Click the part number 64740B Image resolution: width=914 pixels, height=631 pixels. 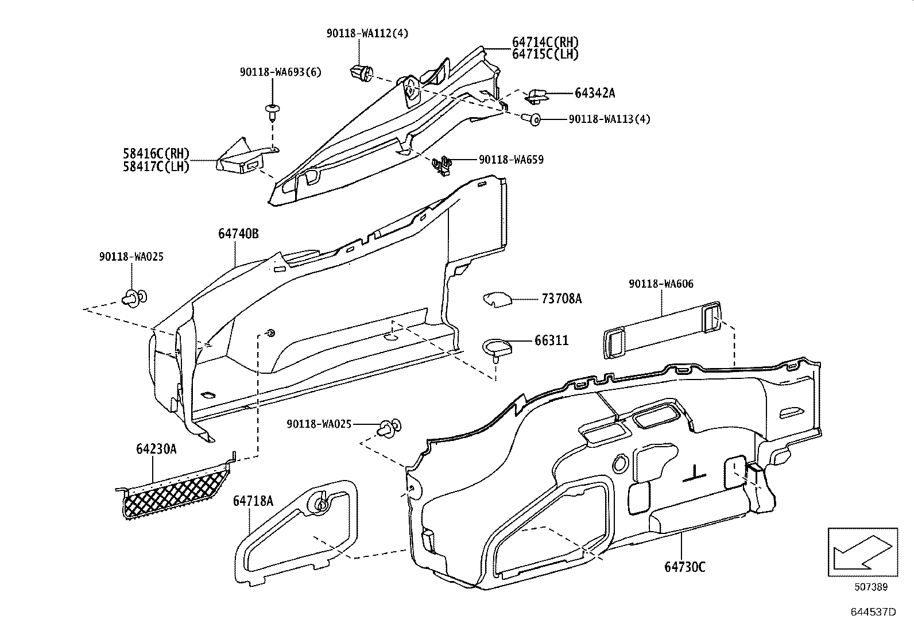click(238, 234)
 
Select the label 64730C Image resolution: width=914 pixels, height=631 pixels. click(685, 567)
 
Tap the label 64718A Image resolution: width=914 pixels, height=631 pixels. click(253, 501)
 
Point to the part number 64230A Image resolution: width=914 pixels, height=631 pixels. click(156, 449)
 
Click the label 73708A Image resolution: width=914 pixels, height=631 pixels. click(561, 299)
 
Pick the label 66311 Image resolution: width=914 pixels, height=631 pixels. click(551, 340)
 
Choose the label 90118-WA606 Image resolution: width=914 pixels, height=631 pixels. click(661, 284)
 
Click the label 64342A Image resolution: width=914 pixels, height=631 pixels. click(595, 93)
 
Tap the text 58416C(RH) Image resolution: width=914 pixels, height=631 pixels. click(156, 154)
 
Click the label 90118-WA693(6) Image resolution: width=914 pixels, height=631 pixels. click(280, 72)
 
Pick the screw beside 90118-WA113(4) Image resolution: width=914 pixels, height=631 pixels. click(532, 119)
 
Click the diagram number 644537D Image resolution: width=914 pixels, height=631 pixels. click(873, 611)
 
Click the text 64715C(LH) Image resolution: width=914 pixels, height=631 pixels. click(545, 54)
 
